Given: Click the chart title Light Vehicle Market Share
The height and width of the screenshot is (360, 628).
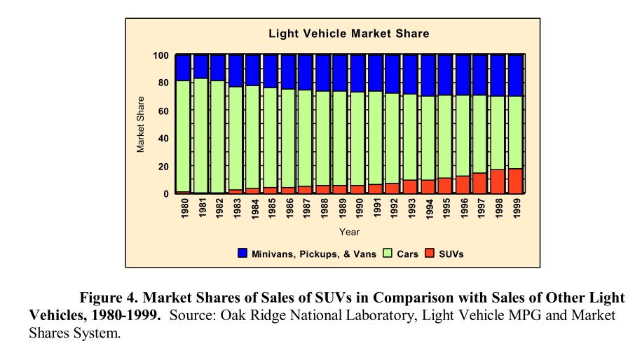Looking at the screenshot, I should [x=349, y=34].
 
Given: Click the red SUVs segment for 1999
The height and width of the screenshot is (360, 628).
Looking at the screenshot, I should [x=515, y=181].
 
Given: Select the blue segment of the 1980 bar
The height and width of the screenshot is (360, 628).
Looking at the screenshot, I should [x=184, y=67].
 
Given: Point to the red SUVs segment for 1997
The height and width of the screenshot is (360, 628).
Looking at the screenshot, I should [x=480, y=183].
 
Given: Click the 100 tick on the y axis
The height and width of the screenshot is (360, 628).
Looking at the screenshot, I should [x=161, y=55].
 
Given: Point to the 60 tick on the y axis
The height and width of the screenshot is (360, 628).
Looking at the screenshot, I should [x=163, y=111].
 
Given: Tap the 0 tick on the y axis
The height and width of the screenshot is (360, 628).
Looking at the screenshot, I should [x=166, y=194].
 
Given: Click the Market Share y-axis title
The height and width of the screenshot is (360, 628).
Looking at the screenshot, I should [x=141, y=124].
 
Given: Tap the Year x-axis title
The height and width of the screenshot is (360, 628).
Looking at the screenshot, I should [x=349, y=232].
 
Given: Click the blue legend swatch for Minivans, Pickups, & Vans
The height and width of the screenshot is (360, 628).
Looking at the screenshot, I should [x=243, y=254].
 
